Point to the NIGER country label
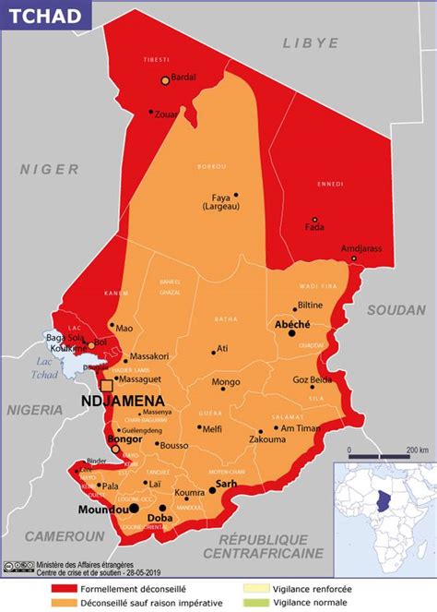point(50,169)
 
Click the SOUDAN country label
point(395,310)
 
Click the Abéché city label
point(292,325)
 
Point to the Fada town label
point(314,227)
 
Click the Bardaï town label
point(184,78)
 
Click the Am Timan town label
point(300,428)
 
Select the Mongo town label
point(226,382)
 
